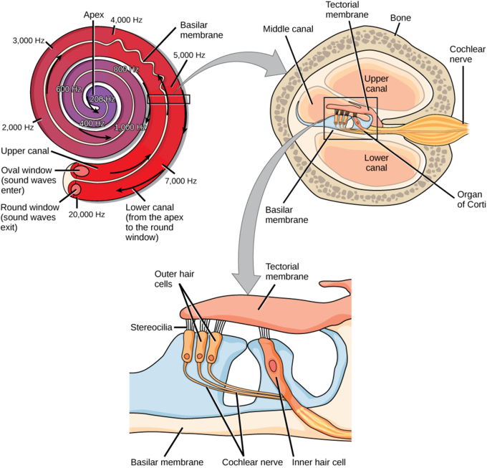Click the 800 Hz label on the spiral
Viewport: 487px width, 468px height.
126,69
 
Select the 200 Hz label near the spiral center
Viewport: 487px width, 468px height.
103,99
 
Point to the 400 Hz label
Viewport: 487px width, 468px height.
92,124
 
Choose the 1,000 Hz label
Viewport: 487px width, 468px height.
130,127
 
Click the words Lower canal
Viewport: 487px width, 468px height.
375,162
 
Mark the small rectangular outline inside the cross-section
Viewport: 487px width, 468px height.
349,118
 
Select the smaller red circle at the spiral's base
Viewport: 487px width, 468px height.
75,189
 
